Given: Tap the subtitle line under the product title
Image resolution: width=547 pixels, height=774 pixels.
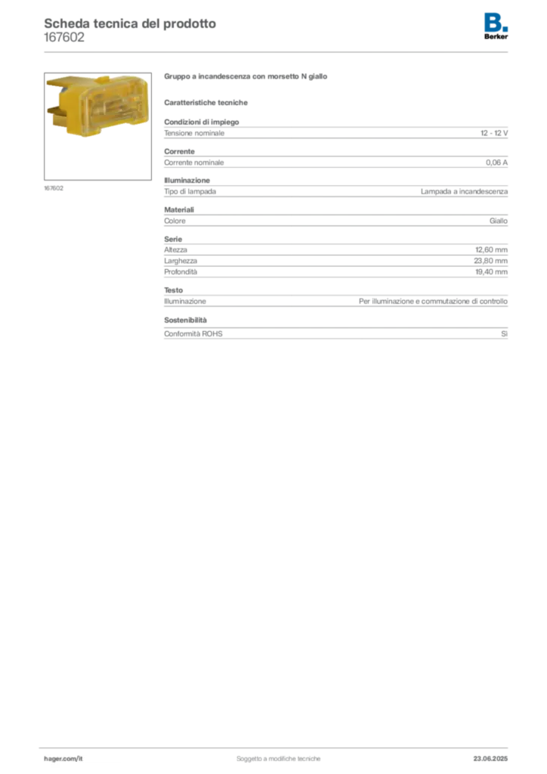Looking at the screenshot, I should click(x=209, y=102).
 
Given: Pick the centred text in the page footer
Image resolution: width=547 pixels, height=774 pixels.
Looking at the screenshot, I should click(x=280, y=755).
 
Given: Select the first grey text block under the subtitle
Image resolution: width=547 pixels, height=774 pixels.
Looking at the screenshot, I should click(x=335, y=132).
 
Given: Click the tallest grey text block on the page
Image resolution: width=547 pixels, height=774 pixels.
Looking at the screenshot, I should click(x=335, y=265).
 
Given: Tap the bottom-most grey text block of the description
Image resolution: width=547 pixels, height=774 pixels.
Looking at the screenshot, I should click(x=335, y=332).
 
